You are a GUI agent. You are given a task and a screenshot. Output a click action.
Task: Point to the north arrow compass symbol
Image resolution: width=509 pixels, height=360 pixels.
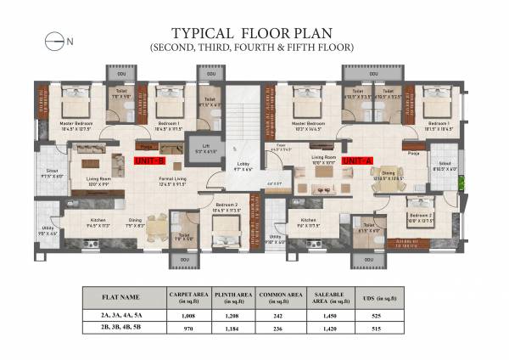click(56, 39)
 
